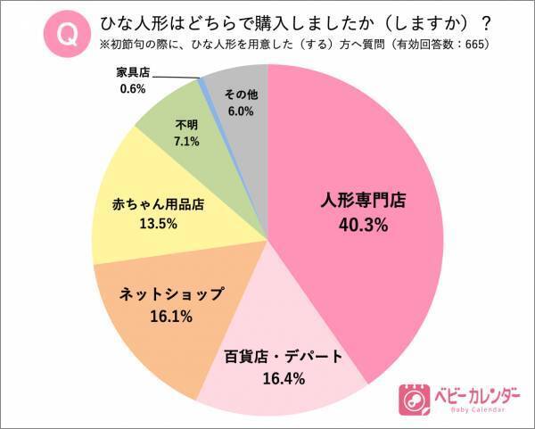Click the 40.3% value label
click(x=363, y=226)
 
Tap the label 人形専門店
click(x=363, y=202)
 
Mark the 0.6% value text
click(x=133, y=88)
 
